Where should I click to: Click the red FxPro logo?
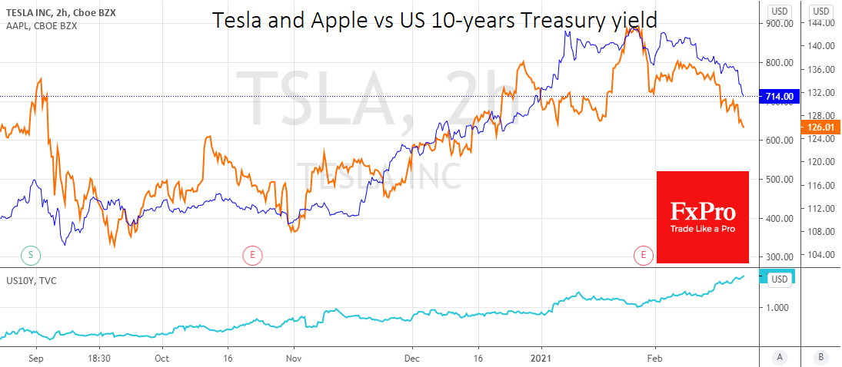702,217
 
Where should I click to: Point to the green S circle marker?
31,254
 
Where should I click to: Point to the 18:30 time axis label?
100,358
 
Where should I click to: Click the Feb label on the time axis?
654,358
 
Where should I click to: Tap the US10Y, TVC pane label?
31,280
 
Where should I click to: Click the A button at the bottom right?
780,357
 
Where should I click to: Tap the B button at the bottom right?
820,357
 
